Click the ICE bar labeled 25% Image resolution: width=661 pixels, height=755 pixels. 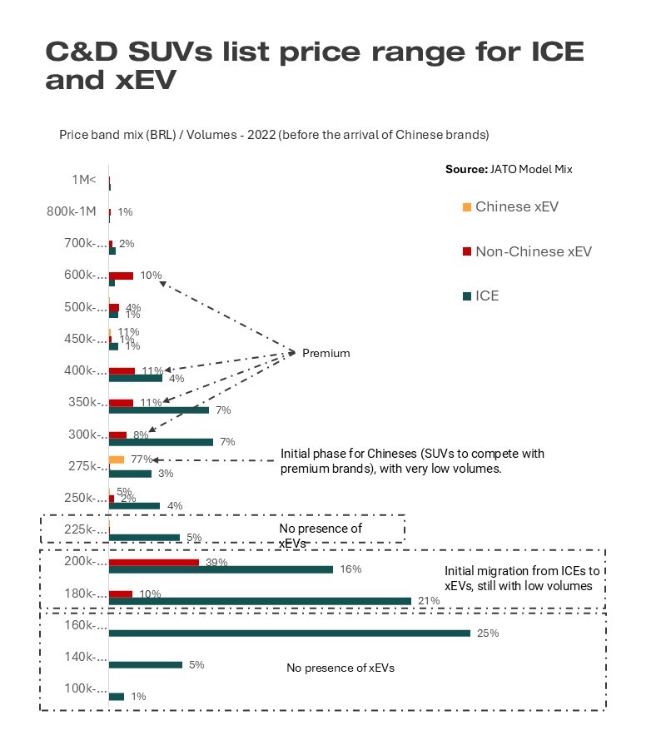290,633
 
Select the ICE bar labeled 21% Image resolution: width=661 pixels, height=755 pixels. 260,601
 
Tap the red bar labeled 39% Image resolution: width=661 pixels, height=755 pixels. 154,563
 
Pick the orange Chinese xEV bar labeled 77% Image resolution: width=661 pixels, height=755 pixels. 117,459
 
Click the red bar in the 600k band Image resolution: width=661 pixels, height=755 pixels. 121,276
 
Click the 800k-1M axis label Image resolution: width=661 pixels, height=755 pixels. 77,211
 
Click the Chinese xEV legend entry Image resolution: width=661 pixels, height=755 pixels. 516,206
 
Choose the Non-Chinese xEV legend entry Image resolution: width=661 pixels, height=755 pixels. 533,251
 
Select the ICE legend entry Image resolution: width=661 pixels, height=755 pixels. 487,296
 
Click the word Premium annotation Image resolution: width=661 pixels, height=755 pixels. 326,353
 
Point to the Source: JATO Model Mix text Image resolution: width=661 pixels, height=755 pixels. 509,169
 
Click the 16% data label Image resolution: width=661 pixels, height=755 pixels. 350,569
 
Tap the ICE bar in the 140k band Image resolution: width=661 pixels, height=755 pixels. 146,664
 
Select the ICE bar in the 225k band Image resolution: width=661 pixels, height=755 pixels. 144,537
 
